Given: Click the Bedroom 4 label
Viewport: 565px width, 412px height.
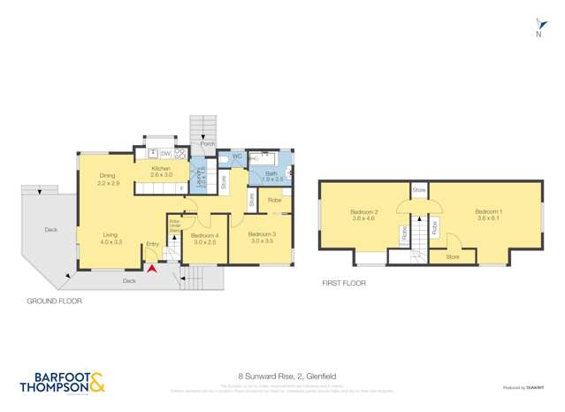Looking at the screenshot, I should coord(204,236).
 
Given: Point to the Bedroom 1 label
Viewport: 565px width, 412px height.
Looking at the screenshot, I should coord(488,212).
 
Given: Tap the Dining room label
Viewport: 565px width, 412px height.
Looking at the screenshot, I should coord(108,176).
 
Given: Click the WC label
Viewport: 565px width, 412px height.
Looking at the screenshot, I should coord(237,157).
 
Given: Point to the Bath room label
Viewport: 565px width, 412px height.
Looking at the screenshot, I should coord(271,174).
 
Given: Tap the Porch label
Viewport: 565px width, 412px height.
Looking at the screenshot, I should coord(208,143).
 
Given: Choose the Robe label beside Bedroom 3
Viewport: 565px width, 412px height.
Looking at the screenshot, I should coord(275,201).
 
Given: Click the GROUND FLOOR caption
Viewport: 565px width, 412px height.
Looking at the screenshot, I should coord(55,301).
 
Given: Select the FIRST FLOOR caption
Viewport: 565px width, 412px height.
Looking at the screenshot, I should coord(343,283).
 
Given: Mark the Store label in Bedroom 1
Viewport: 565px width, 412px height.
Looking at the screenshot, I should coord(452,256).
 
